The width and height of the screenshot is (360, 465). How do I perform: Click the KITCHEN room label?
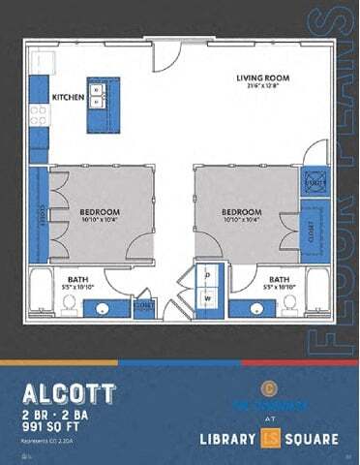(68, 98)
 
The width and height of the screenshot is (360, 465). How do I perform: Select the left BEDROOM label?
(100, 212)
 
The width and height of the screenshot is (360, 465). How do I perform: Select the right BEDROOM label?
(240, 212)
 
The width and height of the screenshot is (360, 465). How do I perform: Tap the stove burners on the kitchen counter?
(39, 116)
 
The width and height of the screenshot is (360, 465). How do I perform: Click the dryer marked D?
(208, 276)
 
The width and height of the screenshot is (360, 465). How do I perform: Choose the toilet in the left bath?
(70, 304)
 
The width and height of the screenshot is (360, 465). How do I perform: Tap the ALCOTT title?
(69, 392)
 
